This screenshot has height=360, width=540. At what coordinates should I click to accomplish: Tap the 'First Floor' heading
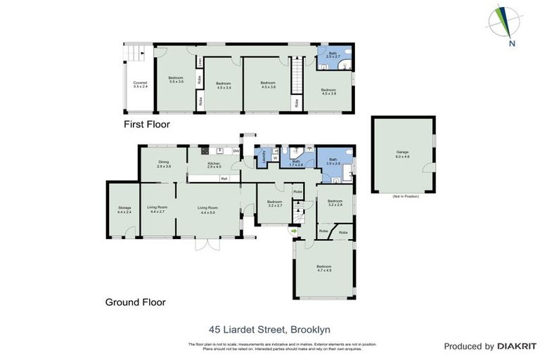pyautogui.click(x=148, y=124)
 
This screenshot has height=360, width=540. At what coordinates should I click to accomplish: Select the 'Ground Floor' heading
pyautogui.click(x=135, y=302)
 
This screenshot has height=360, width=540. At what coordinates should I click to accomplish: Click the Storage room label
pyautogui.click(x=124, y=210)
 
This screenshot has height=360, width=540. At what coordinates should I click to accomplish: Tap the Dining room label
pyautogui.click(x=163, y=164)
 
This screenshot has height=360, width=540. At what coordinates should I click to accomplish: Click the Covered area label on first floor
pyautogui.click(x=140, y=84)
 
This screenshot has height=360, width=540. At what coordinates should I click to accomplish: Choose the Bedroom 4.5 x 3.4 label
pyautogui.click(x=224, y=85)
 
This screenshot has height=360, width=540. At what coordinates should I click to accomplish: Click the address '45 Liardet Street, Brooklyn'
pyautogui.click(x=269, y=328)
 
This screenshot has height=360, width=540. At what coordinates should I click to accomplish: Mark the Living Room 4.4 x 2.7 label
pyautogui.click(x=157, y=210)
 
